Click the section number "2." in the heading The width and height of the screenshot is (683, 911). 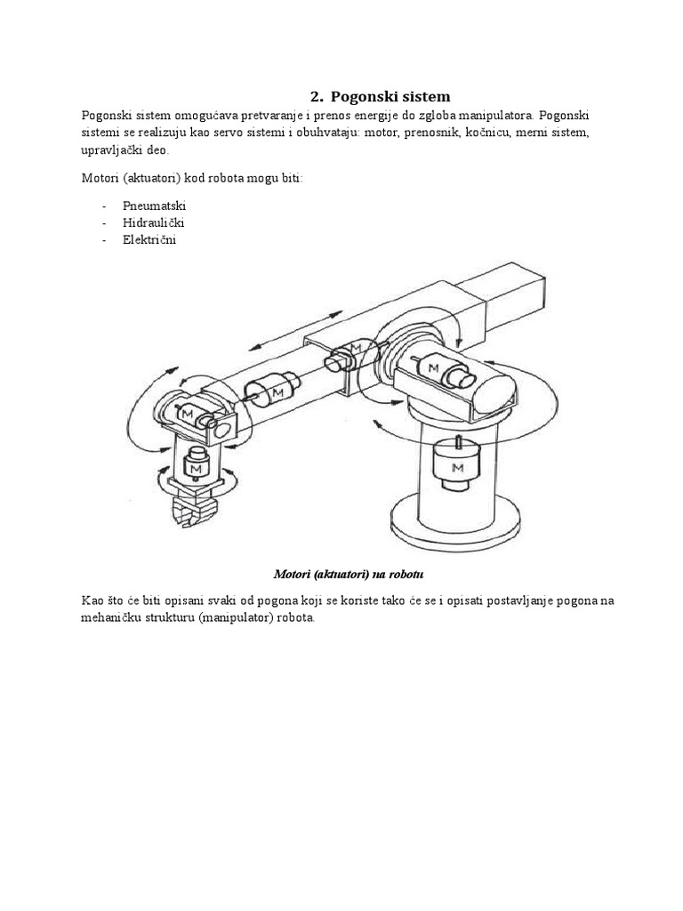[x=316, y=96]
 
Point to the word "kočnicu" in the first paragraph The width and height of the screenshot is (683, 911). [x=479, y=133]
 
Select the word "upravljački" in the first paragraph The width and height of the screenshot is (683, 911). [x=109, y=151]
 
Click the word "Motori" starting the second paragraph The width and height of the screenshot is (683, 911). [x=100, y=179]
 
